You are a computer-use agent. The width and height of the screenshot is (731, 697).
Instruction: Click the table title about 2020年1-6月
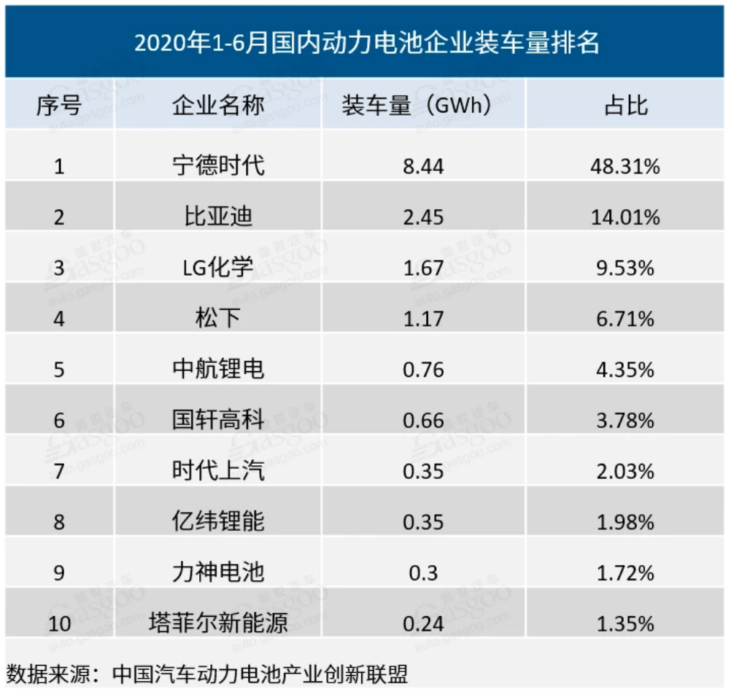pyautogui.click(x=366, y=43)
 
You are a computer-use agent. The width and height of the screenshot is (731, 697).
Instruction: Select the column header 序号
pyautogui.click(x=58, y=106)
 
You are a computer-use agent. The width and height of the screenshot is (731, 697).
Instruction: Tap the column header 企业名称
pyautogui.click(x=217, y=106)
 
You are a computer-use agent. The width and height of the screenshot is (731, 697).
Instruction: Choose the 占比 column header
pyautogui.click(x=626, y=106)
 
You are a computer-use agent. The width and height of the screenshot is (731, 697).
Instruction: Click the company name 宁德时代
pyautogui.click(x=217, y=166)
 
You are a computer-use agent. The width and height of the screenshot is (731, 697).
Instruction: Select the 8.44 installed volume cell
pyautogui.click(x=422, y=167)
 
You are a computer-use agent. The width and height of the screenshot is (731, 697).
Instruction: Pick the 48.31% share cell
pyautogui.click(x=626, y=167)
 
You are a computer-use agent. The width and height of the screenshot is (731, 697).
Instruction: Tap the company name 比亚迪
pyautogui.click(x=217, y=217)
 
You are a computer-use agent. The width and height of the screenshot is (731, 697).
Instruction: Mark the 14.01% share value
pyautogui.click(x=626, y=217)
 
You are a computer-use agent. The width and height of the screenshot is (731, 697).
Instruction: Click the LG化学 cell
pyautogui.click(x=217, y=268)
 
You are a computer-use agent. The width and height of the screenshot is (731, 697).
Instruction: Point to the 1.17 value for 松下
pyautogui.click(x=422, y=319)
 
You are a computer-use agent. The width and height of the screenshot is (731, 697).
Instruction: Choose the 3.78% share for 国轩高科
pyautogui.click(x=626, y=420)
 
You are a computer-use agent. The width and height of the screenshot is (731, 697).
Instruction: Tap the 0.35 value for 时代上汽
pyautogui.click(x=422, y=471)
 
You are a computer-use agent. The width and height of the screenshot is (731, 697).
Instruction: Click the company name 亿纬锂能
pyautogui.click(x=217, y=521)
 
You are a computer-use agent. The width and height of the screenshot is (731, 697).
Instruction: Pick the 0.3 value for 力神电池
pyautogui.click(x=422, y=573)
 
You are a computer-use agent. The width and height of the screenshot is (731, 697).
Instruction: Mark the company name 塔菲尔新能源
pyautogui.click(x=217, y=623)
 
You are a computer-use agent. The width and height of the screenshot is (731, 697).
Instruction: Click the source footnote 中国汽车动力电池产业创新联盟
pyautogui.click(x=260, y=674)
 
